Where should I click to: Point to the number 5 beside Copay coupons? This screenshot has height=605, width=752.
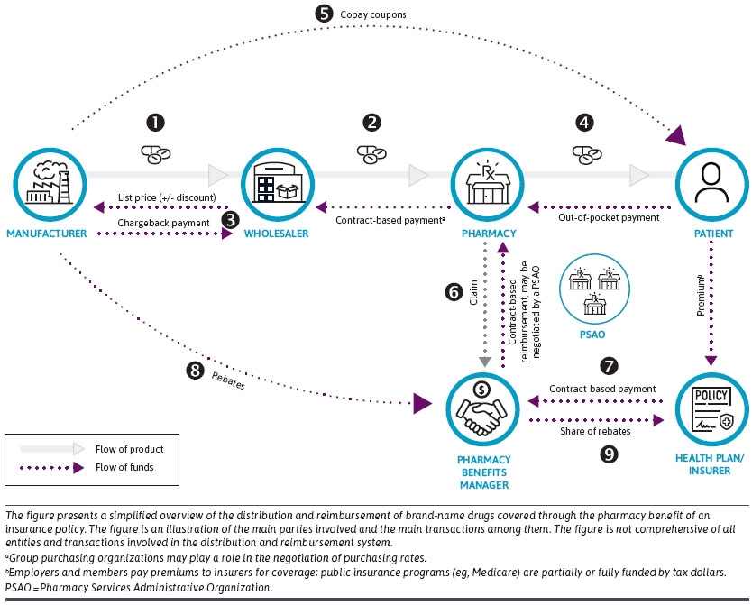tap(324, 14)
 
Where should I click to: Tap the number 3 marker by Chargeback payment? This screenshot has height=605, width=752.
tap(231, 218)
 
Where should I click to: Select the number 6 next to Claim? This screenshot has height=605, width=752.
tap(454, 294)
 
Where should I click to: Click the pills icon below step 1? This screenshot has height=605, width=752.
tap(155, 153)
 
